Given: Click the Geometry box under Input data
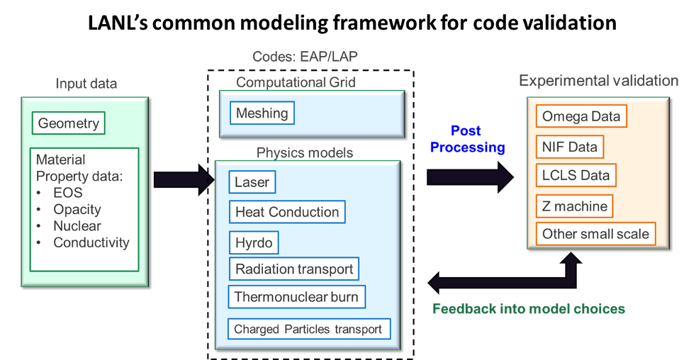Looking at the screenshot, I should [68, 123].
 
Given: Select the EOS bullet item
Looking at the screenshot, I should [67, 193].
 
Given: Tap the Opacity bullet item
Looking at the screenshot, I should [77, 210].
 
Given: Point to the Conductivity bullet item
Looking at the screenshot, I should [91, 243].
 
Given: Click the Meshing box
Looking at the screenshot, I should [262, 113].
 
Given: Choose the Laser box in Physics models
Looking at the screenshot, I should [252, 182].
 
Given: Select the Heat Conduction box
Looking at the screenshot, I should [287, 212].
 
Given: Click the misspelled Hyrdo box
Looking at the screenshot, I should [253, 242].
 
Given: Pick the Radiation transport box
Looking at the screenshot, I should [293, 269].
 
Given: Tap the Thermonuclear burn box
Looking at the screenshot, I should [296, 297].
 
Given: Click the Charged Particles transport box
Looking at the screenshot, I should [308, 329].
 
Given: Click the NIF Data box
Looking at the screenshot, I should [569, 147].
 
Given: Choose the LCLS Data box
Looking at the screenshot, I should [575, 175].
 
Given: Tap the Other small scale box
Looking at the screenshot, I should [595, 234].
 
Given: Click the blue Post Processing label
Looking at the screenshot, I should [467, 139].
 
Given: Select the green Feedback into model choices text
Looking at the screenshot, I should [528, 309].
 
